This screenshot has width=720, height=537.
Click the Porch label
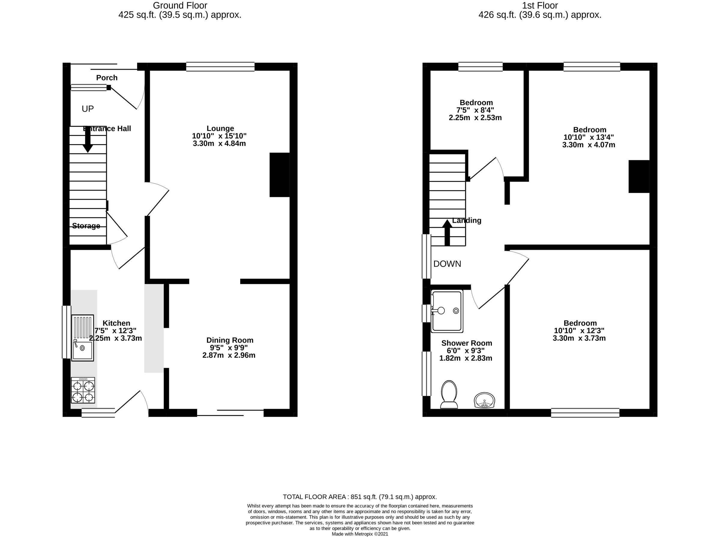pyautogui.click(x=106, y=78)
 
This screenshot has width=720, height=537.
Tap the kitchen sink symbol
pyautogui.click(x=82, y=338)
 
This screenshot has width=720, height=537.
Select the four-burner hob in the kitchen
pyautogui.click(x=83, y=395)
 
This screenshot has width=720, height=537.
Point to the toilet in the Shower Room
pyautogui.click(x=449, y=394)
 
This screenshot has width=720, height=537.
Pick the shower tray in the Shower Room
pyautogui.click(x=447, y=311)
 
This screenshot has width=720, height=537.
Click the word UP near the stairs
pyautogui.click(x=87, y=109)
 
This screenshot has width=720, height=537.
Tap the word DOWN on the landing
pyautogui.click(x=447, y=264)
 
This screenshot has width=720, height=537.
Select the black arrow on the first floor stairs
pyautogui.click(x=447, y=232)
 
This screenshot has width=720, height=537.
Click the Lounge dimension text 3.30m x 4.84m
pyautogui.click(x=219, y=143)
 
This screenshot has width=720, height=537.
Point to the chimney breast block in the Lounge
pyautogui.click(x=279, y=175)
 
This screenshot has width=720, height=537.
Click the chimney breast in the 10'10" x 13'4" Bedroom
pyautogui.click(x=638, y=176)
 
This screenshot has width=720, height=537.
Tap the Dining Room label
pyautogui.click(x=230, y=340)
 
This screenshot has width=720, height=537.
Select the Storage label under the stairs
pyautogui.click(x=86, y=226)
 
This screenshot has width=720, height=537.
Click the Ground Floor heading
pyautogui.click(x=180, y=5)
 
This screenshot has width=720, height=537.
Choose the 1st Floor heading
pyautogui.click(x=539, y=5)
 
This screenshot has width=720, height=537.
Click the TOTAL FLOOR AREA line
pyautogui.click(x=360, y=497)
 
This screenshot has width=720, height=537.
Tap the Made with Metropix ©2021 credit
pyautogui.click(x=360, y=534)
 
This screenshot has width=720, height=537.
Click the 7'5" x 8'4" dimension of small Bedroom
pyautogui.click(x=475, y=110)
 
